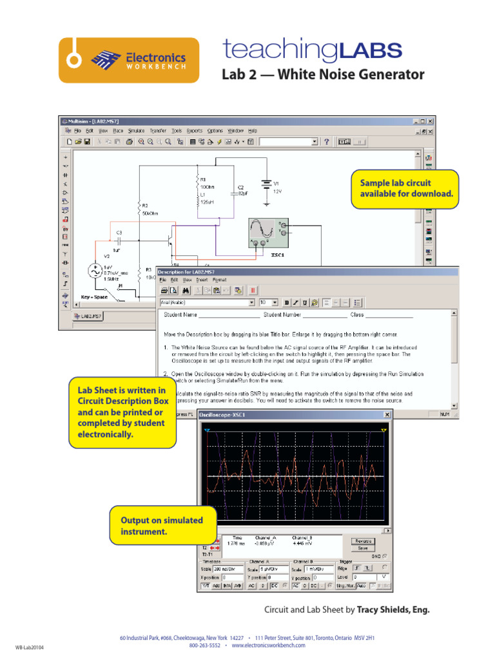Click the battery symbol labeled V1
click(x=265, y=184)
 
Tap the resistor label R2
click(x=145, y=206)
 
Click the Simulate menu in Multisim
click(x=137, y=130)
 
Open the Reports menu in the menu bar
click(x=194, y=130)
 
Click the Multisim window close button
click(x=431, y=121)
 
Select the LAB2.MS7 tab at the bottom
click(x=88, y=316)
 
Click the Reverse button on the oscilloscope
click(x=363, y=541)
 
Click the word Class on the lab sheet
click(x=357, y=315)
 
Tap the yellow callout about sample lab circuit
click(x=405, y=189)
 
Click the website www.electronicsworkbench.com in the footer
click(x=268, y=645)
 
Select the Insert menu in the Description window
click(x=202, y=280)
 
